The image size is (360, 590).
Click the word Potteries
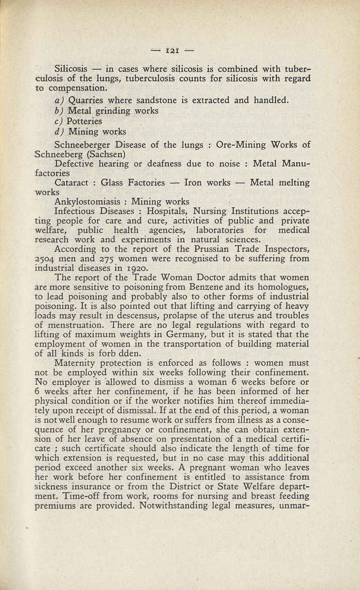tap(84, 121)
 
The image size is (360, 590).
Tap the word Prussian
tap(177, 249)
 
